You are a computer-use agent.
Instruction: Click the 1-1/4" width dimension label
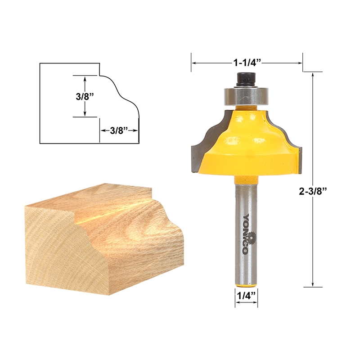pyautogui.click(x=247, y=63)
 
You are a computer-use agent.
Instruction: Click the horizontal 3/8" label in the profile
pyautogui.click(x=119, y=130)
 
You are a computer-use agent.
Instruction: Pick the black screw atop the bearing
pyautogui.click(x=246, y=79)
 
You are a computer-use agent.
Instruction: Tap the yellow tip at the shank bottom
pyautogui.click(x=246, y=285)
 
